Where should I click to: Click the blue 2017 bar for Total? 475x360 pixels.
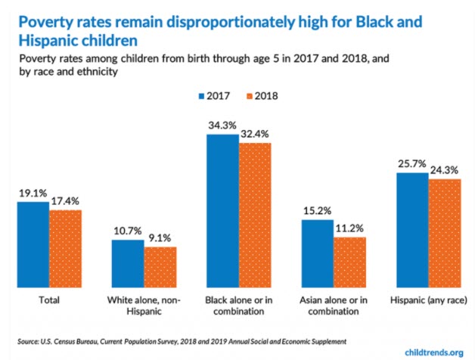[x=33, y=244]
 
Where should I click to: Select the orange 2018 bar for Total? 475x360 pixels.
[x=65, y=248]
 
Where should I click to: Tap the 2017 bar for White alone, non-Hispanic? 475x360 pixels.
[x=128, y=263]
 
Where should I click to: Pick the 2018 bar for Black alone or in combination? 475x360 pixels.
[x=254, y=215]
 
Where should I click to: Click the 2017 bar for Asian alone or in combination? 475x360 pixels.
[x=316, y=253]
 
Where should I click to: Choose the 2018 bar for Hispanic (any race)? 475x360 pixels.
[x=444, y=233]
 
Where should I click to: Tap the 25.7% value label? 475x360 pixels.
[x=412, y=163]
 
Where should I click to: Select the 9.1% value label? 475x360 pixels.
[x=160, y=238]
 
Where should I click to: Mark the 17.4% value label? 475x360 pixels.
[x=65, y=200]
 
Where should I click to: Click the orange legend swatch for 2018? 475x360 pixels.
[x=250, y=97]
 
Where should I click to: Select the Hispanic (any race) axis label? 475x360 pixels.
[x=427, y=299]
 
